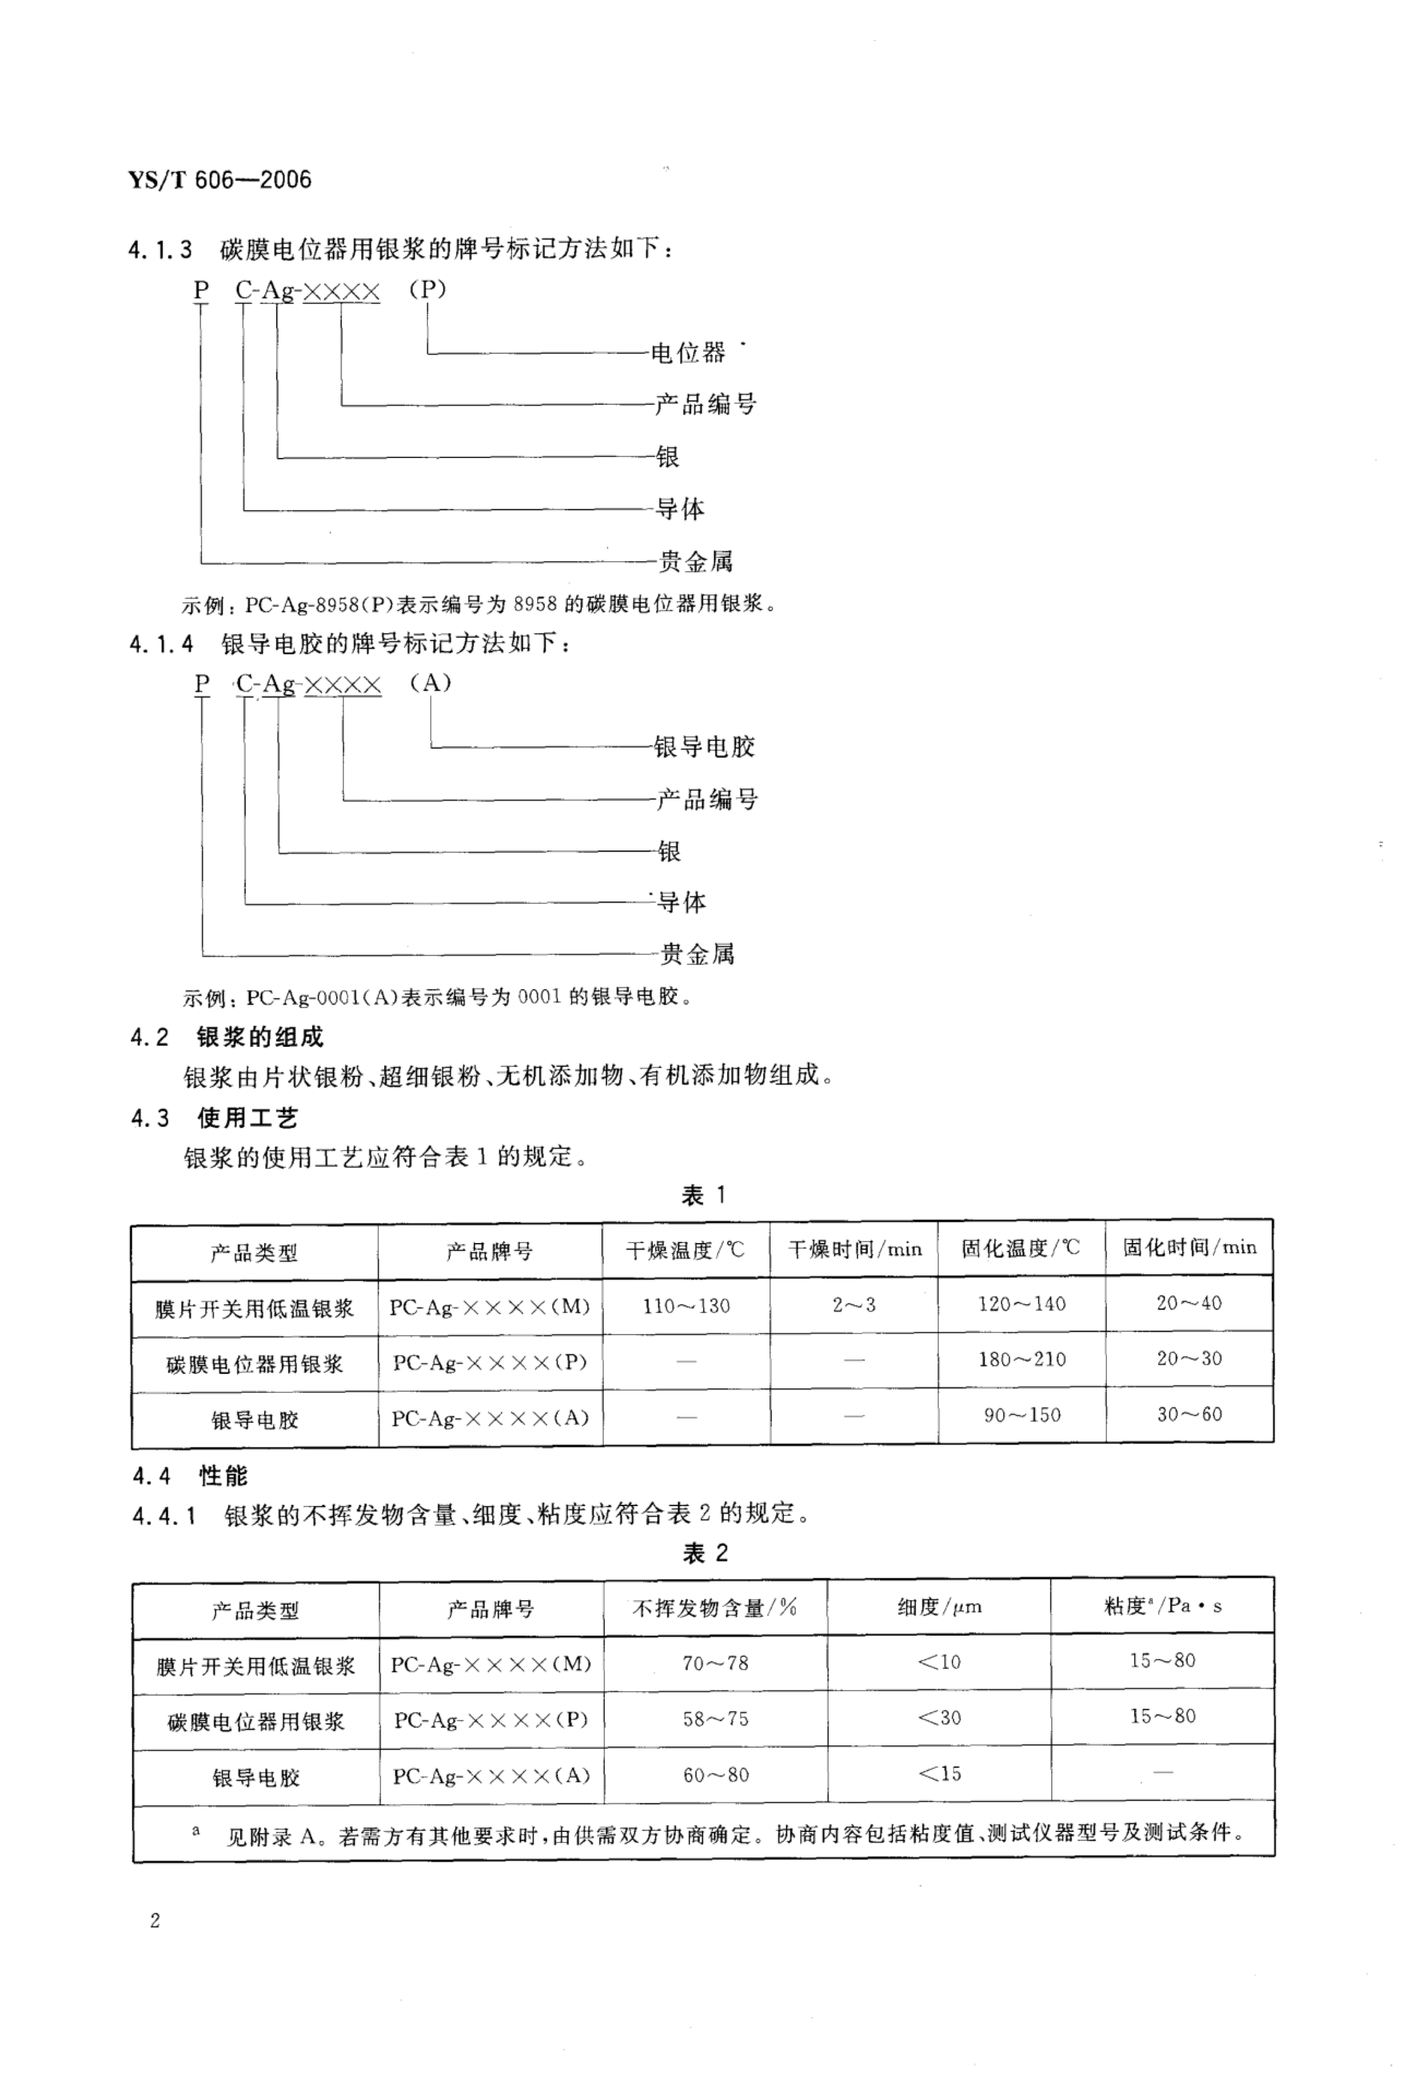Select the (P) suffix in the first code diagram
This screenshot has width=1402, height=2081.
(427, 291)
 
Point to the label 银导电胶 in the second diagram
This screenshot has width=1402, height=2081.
(704, 746)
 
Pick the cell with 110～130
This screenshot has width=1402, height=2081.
(686, 1306)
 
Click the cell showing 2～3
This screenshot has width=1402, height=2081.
(854, 1305)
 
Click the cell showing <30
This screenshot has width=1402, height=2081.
(939, 1717)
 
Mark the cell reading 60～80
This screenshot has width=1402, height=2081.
(715, 1774)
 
